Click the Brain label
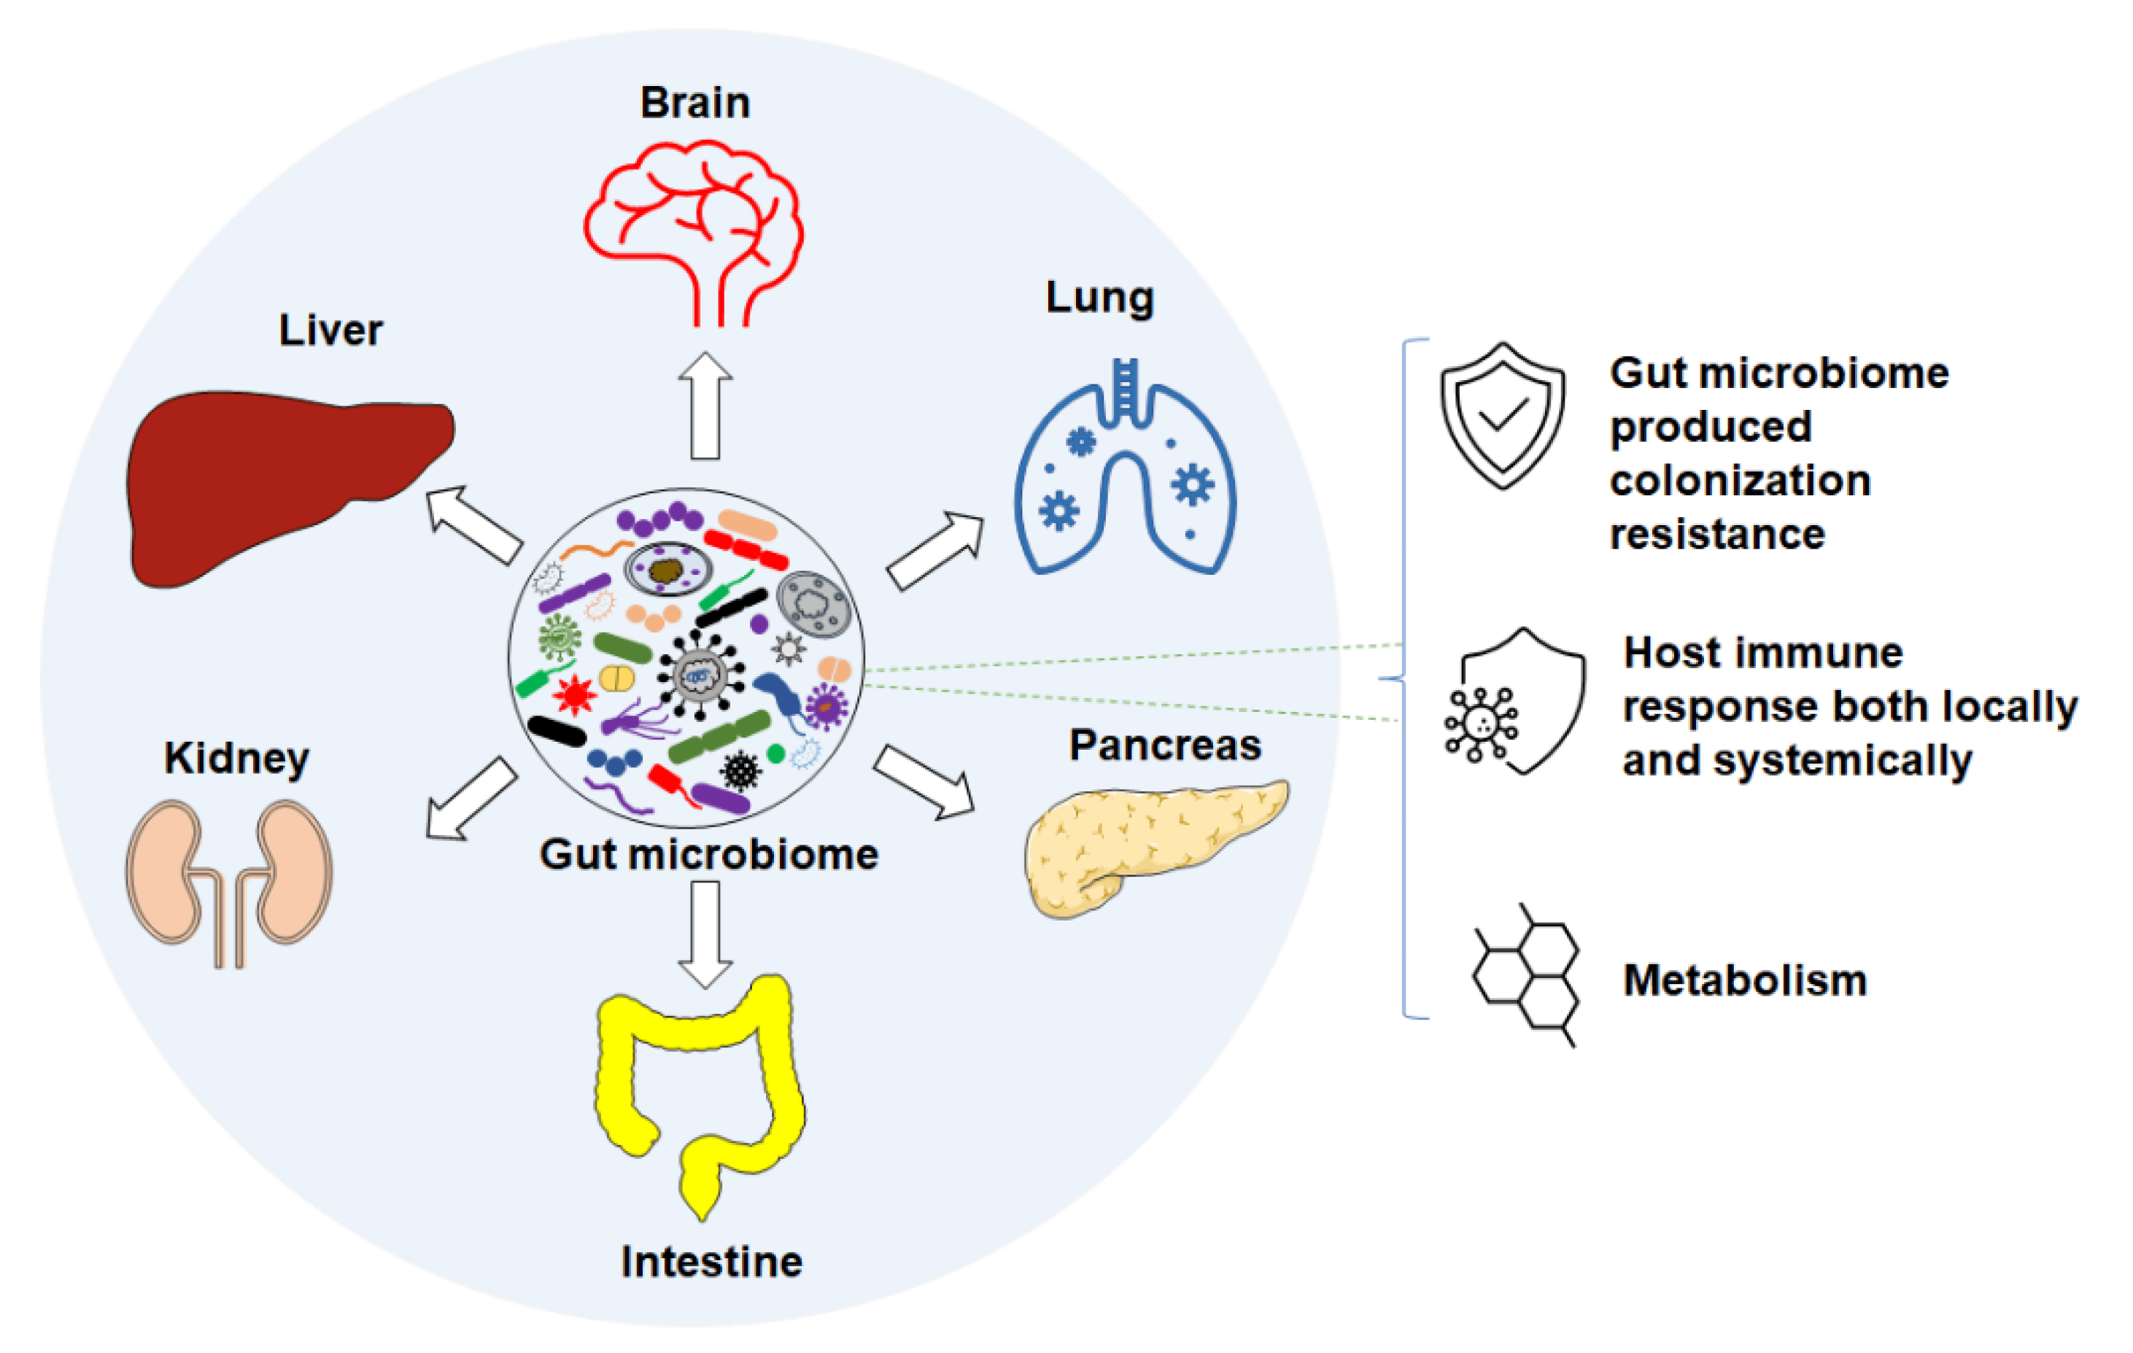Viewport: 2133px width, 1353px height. [x=695, y=103]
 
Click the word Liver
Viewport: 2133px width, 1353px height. [x=330, y=330]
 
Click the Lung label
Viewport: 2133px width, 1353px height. [x=1099, y=298]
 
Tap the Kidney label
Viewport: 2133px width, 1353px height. [x=236, y=759]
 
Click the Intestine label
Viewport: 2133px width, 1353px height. [x=711, y=1262]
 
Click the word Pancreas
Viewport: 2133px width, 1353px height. [x=1165, y=745]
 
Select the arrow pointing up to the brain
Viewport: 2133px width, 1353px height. [x=705, y=406]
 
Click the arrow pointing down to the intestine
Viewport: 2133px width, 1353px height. [x=705, y=934]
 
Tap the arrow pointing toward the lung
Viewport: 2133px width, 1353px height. [x=935, y=551]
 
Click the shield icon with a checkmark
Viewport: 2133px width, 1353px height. [x=1502, y=416]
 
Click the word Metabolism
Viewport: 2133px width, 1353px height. [x=1745, y=980]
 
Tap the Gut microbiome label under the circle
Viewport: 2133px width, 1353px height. [x=708, y=856]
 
